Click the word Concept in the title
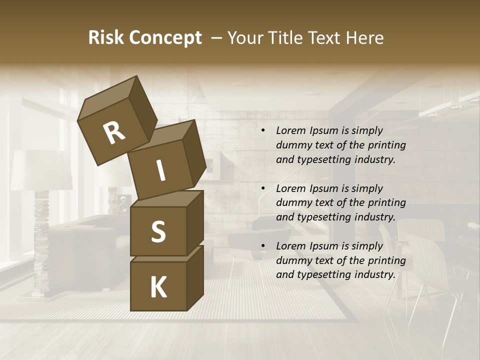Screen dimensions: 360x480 pyautogui.click(x=165, y=38)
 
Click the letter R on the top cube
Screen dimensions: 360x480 pyautogui.click(x=114, y=133)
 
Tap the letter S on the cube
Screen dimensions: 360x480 pyautogui.click(x=158, y=231)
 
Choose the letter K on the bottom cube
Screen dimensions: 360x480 pyautogui.click(x=158, y=287)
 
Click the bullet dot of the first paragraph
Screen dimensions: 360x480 pyautogui.click(x=263, y=131)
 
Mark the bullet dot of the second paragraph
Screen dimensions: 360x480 pyautogui.click(x=263, y=189)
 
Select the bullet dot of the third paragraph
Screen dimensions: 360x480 pyautogui.click(x=263, y=246)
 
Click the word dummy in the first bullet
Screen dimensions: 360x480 pyautogui.click(x=292, y=145)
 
